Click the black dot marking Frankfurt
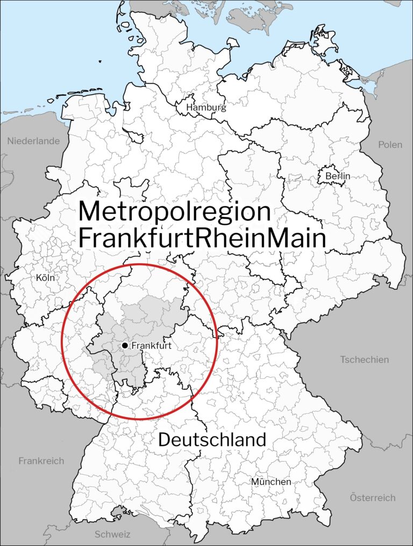pos(125,345)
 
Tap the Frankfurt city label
pos(151,346)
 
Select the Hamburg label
pos(206,107)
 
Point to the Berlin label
pos(338,176)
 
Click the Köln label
pos(46,278)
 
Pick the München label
pos(271,482)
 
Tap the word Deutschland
pos(212,440)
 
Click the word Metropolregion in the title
pos(174,212)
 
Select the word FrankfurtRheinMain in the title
pos(202,239)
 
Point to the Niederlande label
pos(33,141)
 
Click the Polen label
pos(390,145)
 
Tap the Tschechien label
pos(364,359)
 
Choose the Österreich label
pos(373,497)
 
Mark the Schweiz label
pos(112,534)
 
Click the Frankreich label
pos(41,461)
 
